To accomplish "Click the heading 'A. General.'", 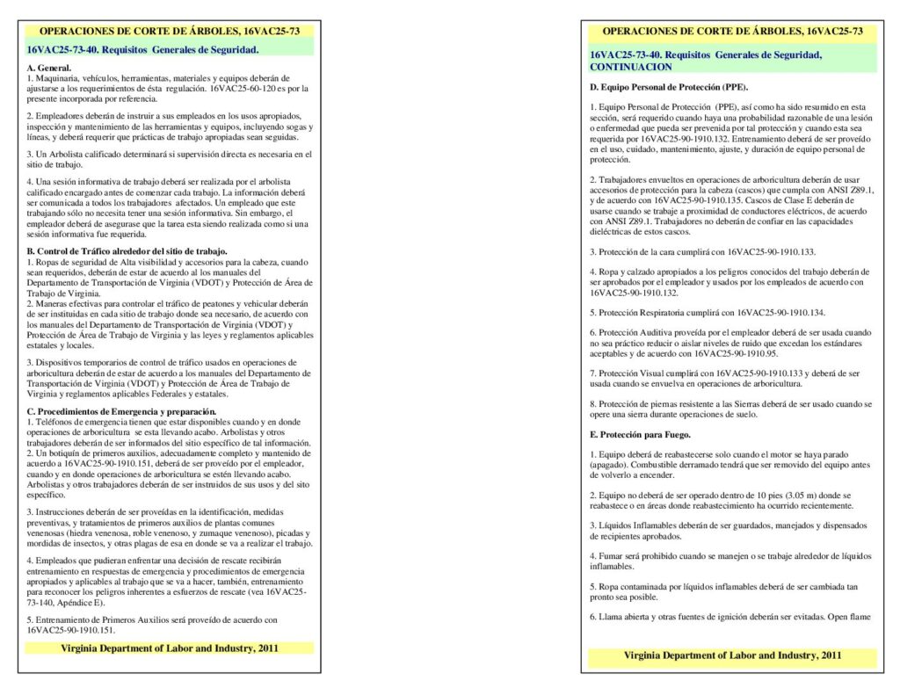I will tap(49, 68).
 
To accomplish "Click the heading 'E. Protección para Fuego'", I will tap(641, 435).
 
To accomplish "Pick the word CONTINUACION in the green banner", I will tap(631, 67).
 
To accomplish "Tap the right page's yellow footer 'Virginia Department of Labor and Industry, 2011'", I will tap(732, 655).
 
